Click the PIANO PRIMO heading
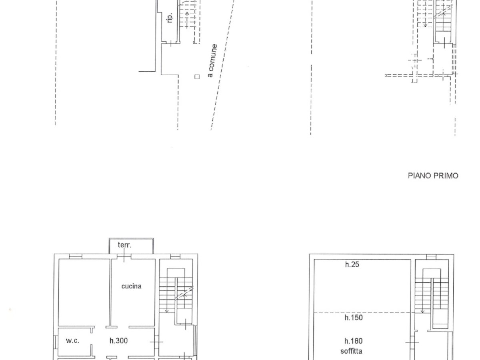pos(433,176)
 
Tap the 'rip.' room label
pos(170,18)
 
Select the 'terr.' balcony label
pos(124,245)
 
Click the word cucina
pos(132,286)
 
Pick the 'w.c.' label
pos(73,341)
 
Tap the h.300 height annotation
pos(118,341)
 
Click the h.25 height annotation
pos(352,264)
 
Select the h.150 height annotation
pos(354,318)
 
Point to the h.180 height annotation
pos(354,341)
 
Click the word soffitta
pos(352,352)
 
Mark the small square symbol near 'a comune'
pos(196,76)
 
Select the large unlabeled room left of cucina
pos(84,292)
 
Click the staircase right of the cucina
pos(176,292)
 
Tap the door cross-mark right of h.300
pos(156,342)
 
